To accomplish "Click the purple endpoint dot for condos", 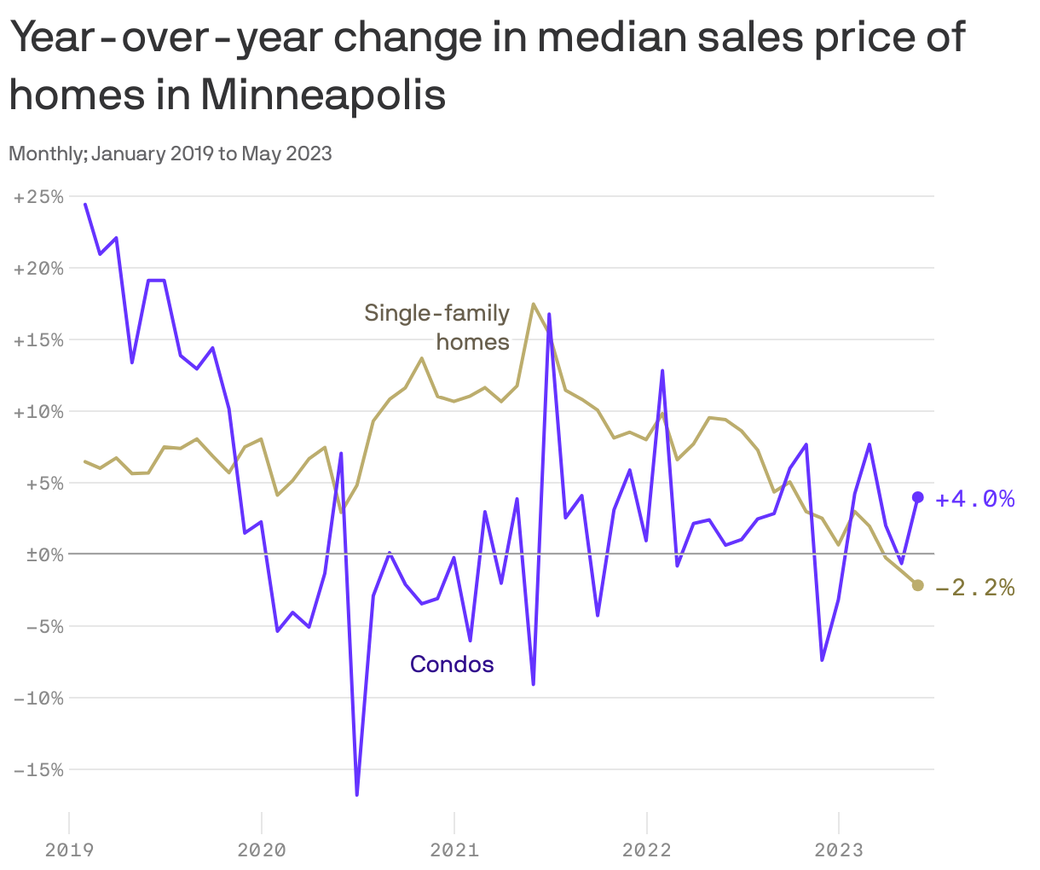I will tap(917, 497).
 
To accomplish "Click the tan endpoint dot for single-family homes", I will tap(917, 585).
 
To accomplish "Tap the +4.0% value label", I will tap(974, 499).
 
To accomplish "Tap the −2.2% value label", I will tap(974, 588).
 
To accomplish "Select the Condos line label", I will tap(452, 664).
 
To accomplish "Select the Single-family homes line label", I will tap(437, 328).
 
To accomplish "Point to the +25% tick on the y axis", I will tap(39, 197).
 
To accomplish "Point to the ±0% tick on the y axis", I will tap(39, 554).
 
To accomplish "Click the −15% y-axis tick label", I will tap(39, 769).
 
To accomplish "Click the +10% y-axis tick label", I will tap(39, 411).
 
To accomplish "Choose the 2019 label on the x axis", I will tap(69, 850).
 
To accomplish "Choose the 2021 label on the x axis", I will tap(454, 850).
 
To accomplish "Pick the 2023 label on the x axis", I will tap(839, 850).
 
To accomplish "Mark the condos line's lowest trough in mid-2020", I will tap(357, 794).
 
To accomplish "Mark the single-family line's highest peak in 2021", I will tap(533, 304).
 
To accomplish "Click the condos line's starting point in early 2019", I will tap(85, 205).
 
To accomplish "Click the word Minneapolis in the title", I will tap(323, 95).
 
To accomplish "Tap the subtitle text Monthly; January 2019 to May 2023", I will tap(170, 154).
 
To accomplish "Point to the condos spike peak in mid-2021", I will tap(549, 315).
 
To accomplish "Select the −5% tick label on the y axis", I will tap(39, 626).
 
